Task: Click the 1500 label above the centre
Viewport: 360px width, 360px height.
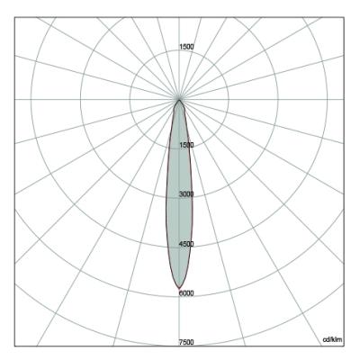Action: pyautogui.click(x=186, y=47)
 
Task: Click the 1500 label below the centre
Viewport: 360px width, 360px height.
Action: pyautogui.click(x=186, y=145)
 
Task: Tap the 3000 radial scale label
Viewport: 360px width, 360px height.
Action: pyautogui.click(x=186, y=194)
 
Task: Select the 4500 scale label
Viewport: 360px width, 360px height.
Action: pyautogui.click(x=186, y=244)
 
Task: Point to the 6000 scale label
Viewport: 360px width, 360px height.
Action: pyautogui.click(x=186, y=293)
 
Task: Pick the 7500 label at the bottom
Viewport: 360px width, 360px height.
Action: pyautogui.click(x=186, y=342)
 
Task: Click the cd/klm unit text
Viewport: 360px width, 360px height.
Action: pyautogui.click(x=332, y=339)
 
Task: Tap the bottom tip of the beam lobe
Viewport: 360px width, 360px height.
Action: pyautogui.click(x=179, y=289)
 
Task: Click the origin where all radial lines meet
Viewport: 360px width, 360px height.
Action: pyautogui.click(x=179, y=99)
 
